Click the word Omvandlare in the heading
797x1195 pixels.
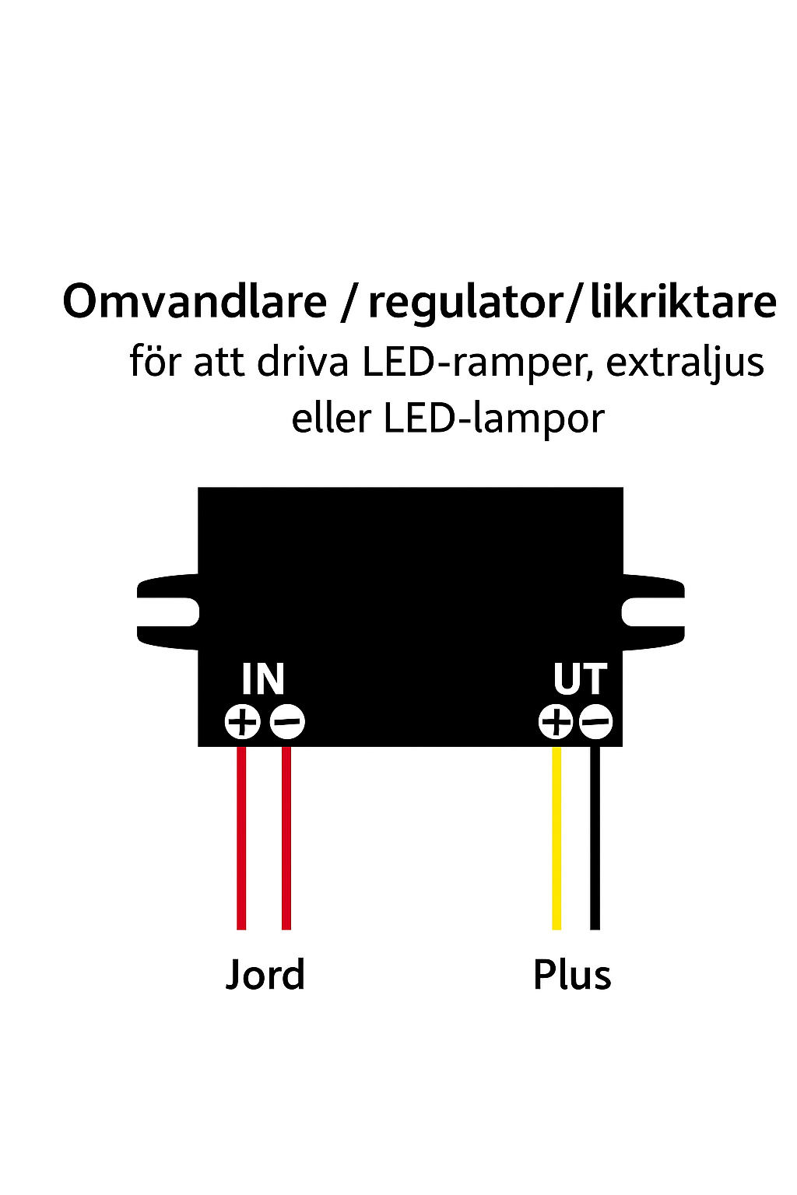[195, 302]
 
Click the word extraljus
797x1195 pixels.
[685, 363]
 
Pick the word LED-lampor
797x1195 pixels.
[493, 419]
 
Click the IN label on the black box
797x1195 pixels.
[263, 679]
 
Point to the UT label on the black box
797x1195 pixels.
[580, 679]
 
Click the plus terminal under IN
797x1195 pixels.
[242, 722]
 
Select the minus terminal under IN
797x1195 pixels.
[287, 722]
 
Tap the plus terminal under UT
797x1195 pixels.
[556, 722]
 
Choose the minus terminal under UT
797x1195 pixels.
[596, 722]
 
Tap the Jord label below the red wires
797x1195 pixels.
[265, 976]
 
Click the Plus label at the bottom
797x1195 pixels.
[572, 976]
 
